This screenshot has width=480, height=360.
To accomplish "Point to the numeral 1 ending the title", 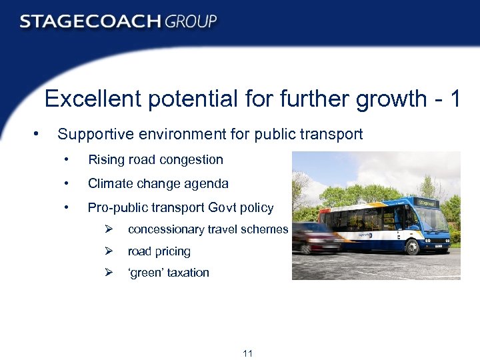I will click(x=454, y=99).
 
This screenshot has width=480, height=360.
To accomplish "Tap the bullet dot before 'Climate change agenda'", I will click(x=66, y=184).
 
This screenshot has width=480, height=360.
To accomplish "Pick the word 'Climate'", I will click(x=109, y=184).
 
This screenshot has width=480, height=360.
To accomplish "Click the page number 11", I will click(x=247, y=353).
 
